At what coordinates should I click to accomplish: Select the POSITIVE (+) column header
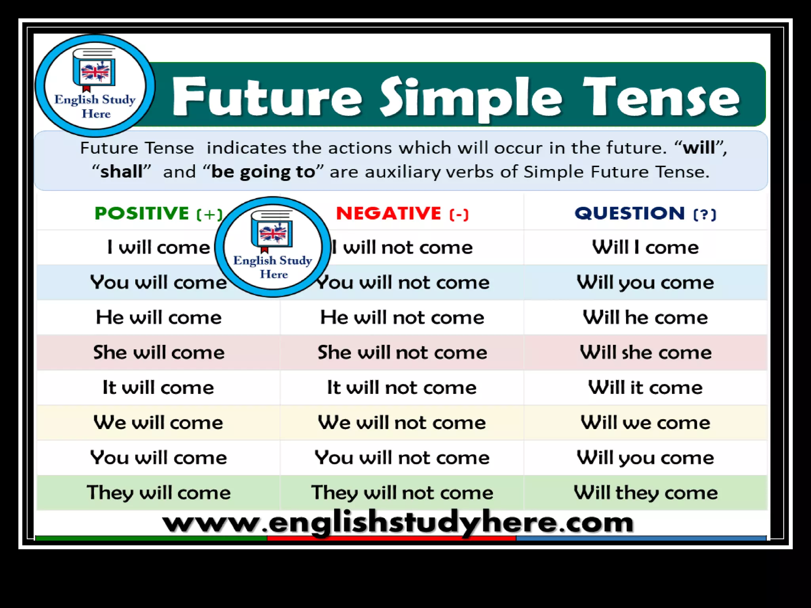point(158,214)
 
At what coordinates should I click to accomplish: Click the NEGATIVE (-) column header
point(402,214)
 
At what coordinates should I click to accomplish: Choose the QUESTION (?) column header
point(645,214)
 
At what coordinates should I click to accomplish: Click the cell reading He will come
point(158,317)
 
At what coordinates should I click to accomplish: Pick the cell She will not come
point(402,352)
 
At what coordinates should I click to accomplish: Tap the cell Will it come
point(645,387)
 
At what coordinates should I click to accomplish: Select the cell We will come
point(158,422)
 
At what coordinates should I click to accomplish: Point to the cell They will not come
point(402,493)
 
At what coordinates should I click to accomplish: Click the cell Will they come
point(645,493)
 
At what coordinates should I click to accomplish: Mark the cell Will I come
point(645,247)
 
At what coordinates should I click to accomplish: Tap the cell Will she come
point(645,352)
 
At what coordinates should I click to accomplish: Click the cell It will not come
point(402,387)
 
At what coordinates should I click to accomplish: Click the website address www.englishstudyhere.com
point(398,522)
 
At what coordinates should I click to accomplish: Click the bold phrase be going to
point(263,172)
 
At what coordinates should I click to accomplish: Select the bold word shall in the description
point(121,172)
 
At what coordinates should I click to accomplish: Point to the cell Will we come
point(645,422)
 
